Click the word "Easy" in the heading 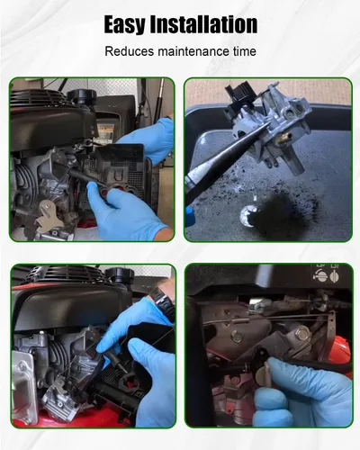pyautogui.click(x=124, y=24)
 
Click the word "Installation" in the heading pyautogui.click(x=203, y=24)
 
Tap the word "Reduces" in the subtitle pyautogui.click(x=130, y=51)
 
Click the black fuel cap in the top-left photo pyautogui.click(x=82, y=96)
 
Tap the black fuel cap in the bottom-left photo pyautogui.click(x=120, y=275)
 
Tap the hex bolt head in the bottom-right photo pyautogui.click(x=302, y=334)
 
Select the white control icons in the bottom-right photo pyautogui.click(x=326, y=274)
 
